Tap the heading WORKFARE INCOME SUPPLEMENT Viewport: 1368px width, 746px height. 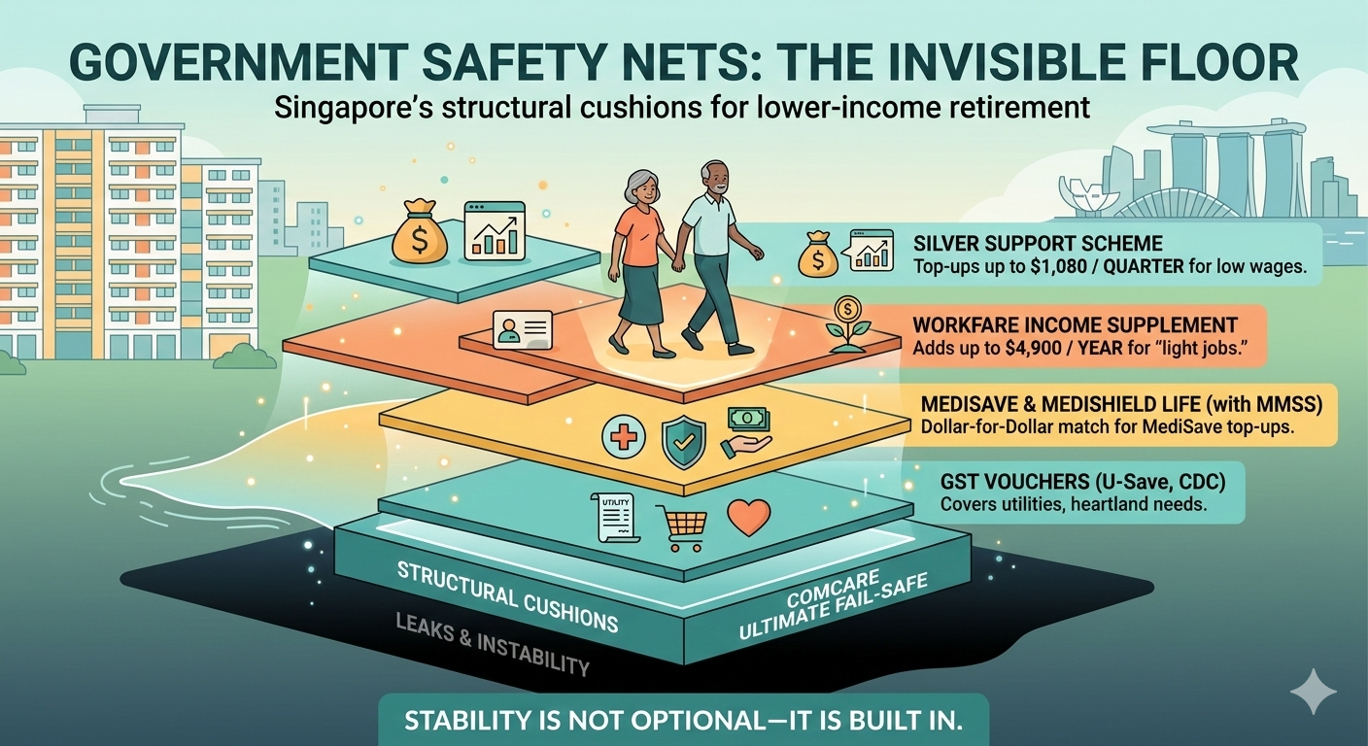click(1076, 324)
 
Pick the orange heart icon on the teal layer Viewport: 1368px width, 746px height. click(748, 517)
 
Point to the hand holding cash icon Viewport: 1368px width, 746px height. click(746, 433)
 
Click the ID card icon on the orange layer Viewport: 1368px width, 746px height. click(522, 329)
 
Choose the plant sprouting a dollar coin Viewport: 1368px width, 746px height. click(847, 323)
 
